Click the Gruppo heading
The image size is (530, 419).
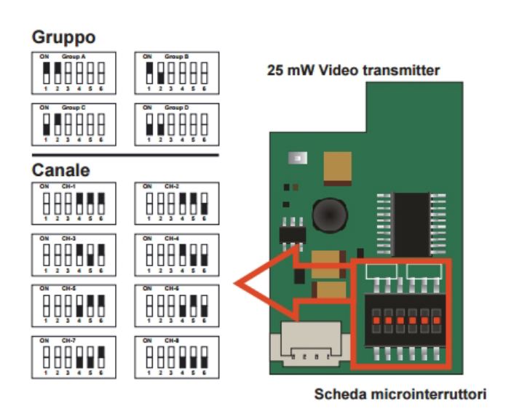pyautogui.click(x=65, y=36)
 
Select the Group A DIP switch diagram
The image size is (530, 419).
pyautogui.click(x=72, y=73)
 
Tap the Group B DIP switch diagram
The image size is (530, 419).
pyautogui.click(x=176, y=73)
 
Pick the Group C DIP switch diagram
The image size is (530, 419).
pyautogui.click(x=72, y=124)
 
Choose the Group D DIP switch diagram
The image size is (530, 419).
pyautogui.click(x=176, y=124)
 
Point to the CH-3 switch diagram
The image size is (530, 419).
pyautogui.click(x=72, y=254)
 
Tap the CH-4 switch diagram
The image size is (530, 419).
pyautogui.click(x=176, y=254)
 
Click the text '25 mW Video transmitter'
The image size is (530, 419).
pyautogui.click(x=355, y=72)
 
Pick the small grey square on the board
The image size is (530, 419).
pyautogui.click(x=298, y=157)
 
